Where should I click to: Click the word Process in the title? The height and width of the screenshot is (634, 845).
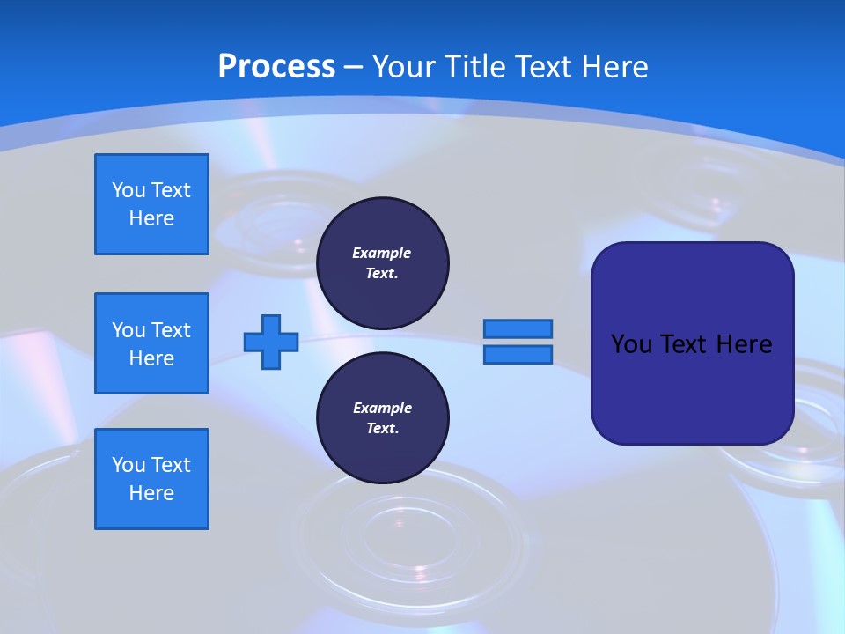click(x=276, y=66)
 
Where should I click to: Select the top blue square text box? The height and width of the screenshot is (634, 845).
click(x=151, y=204)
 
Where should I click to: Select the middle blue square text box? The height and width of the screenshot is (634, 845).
click(x=151, y=343)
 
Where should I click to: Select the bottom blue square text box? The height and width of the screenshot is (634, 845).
click(x=151, y=479)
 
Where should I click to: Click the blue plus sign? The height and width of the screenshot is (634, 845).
click(x=271, y=342)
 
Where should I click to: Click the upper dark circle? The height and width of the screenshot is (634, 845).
click(x=382, y=262)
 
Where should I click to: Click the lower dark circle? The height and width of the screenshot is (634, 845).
click(x=382, y=417)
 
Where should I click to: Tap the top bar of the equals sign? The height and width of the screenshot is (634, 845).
click(x=518, y=328)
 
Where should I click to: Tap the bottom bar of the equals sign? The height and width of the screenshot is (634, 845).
click(x=518, y=354)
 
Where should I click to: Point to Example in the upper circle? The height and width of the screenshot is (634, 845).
click(x=381, y=253)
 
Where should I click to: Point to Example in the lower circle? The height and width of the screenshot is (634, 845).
click(x=382, y=408)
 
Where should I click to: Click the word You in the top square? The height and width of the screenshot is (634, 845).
click(x=128, y=190)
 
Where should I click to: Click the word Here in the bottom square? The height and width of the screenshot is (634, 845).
click(x=151, y=493)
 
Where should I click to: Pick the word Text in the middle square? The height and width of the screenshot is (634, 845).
click(x=171, y=330)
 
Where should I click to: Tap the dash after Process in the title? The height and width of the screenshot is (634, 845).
click(x=353, y=67)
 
